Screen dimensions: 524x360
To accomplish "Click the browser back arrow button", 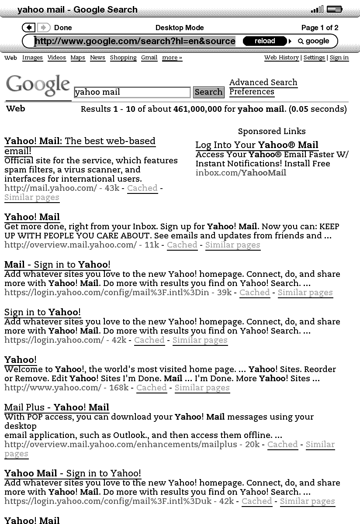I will (x=28, y=28).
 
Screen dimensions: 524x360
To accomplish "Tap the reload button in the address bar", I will (x=265, y=41).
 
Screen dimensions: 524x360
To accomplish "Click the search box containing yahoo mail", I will (x=132, y=92).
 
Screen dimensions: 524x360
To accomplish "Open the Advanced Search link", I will (x=263, y=83).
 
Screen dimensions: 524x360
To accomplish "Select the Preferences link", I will (x=252, y=92).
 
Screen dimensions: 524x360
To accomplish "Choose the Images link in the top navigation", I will (x=32, y=58).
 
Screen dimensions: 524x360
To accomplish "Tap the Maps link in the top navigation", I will (x=78, y=58).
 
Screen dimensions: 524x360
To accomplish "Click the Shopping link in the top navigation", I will (x=123, y=58).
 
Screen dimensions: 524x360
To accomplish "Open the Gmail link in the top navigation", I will (x=149, y=58).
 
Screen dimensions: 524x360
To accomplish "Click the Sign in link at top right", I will (x=339, y=58).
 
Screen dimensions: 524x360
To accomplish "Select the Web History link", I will (x=281, y=58).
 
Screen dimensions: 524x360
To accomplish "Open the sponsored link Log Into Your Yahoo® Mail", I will (x=256, y=145).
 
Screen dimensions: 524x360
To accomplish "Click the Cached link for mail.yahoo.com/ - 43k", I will (x=142, y=188).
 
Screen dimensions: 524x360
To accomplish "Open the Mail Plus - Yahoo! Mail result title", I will (x=56, y=407).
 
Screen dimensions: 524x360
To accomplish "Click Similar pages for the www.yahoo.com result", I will (x=202, y=388).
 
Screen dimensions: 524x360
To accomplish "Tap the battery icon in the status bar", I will (x=335, y=9).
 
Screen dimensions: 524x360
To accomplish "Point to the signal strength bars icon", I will (x=317, y=9).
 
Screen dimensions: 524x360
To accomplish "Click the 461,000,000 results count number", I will (x=197, y=109).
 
